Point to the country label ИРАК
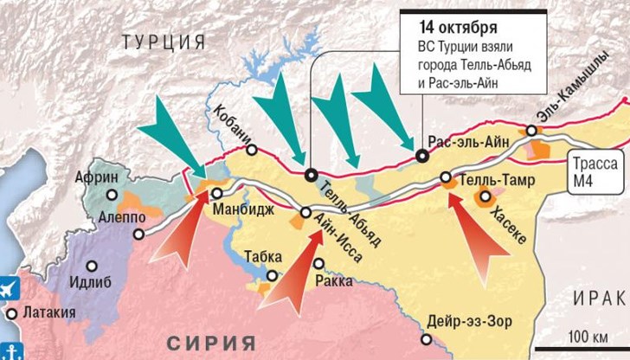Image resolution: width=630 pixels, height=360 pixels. point(599,299)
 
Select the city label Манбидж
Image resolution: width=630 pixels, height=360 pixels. point(247,208)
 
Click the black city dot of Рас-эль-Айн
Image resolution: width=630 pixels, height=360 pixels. point(421,157)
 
